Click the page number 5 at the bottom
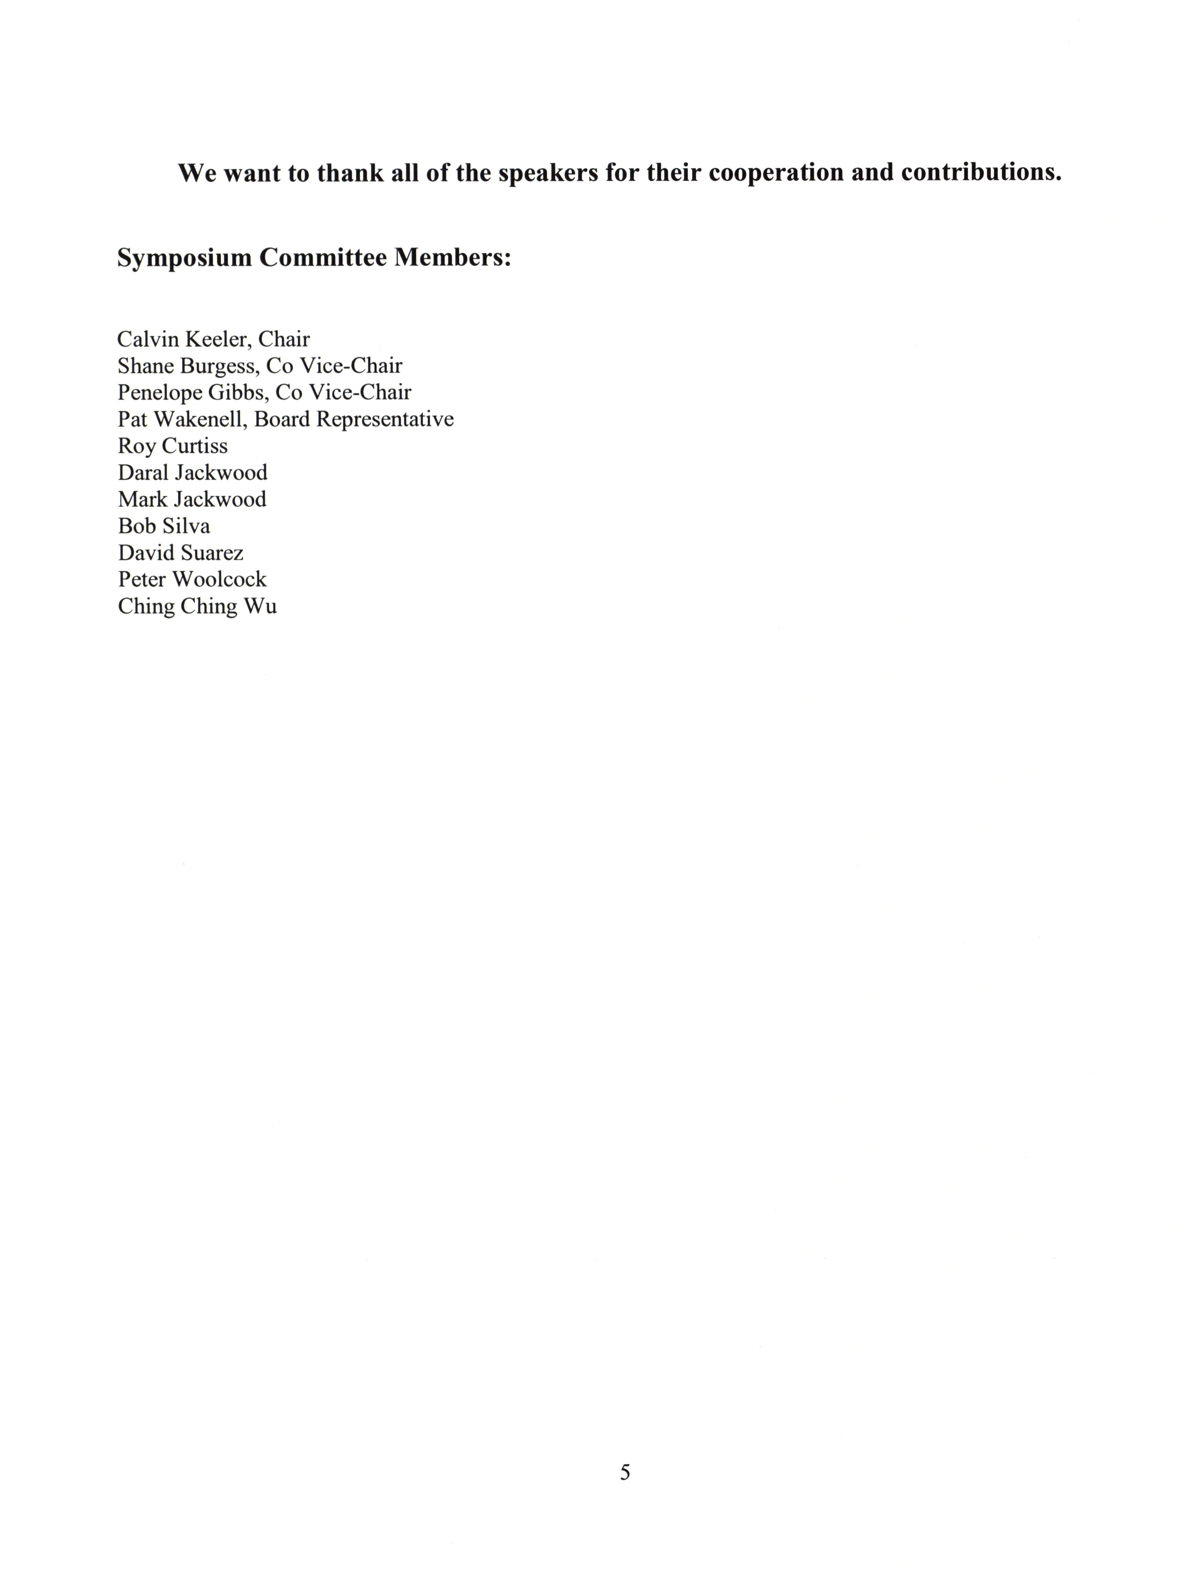[625, 1472]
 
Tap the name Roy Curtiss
[172, 446]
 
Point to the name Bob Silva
[164, 526]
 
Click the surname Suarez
[212, 552]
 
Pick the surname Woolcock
[219, 579]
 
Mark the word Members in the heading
[452, 258]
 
